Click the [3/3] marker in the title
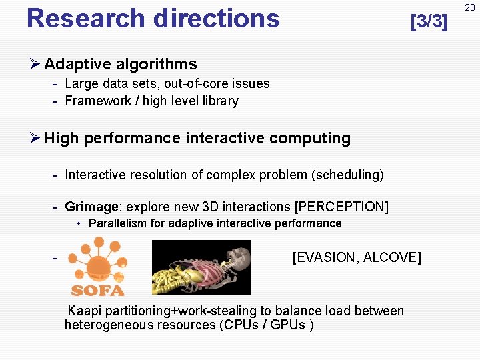coord(429,21)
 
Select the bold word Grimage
coord(90,207)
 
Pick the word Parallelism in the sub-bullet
coord(118,223)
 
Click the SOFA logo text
coord(98,290)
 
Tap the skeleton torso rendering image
coord(201,267)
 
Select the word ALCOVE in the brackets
coord(394,257)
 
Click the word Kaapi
coord(85,311)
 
